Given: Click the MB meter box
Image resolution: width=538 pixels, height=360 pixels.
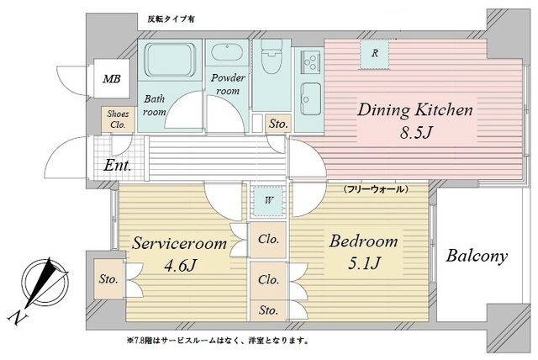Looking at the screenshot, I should [111, 80].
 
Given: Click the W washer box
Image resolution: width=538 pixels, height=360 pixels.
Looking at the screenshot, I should [268, 200].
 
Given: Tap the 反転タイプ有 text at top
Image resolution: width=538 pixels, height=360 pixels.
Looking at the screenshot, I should [172, 19].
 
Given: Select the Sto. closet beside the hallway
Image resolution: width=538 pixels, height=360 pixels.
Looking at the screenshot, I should [278, 124].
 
